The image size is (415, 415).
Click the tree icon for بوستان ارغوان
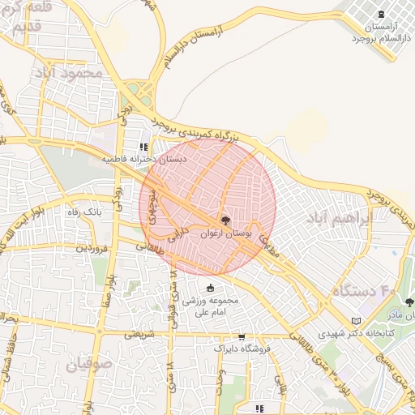pos(225,220)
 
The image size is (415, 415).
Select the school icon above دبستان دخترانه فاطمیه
pos(143,148)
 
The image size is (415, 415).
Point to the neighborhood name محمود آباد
pos(70,73)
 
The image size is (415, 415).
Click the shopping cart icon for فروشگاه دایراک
pos(241,336)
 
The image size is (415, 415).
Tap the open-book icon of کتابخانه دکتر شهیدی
pos(357,322)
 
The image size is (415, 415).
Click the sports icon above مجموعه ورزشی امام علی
pos(211,288)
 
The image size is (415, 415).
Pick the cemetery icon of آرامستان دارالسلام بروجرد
pos(382,14)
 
